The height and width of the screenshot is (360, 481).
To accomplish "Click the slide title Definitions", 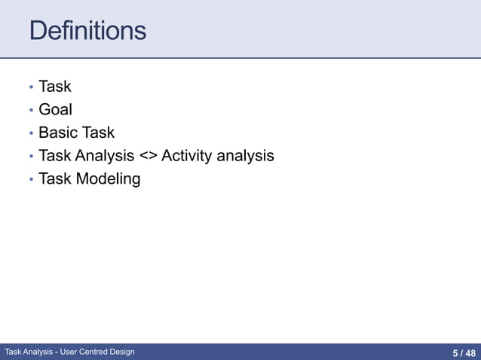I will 87,31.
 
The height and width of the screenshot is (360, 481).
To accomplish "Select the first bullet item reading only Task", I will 54,87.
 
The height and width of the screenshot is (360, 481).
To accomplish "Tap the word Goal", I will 55,110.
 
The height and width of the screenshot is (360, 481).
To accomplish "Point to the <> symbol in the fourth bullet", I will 148,157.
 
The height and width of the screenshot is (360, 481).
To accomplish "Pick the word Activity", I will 186,156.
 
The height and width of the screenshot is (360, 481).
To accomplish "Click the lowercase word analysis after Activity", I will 245,156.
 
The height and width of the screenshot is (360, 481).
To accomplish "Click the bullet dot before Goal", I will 31,111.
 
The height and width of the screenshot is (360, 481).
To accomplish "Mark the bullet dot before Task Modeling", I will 31,180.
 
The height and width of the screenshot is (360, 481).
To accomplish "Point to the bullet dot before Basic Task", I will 31,134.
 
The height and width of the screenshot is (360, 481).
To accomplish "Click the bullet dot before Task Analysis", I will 31,157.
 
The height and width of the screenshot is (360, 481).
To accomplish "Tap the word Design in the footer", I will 124,352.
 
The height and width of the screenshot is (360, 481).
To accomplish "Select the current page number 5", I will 455,352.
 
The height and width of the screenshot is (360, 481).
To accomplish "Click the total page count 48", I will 470,352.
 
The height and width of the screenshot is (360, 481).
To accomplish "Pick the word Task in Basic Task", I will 99,133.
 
